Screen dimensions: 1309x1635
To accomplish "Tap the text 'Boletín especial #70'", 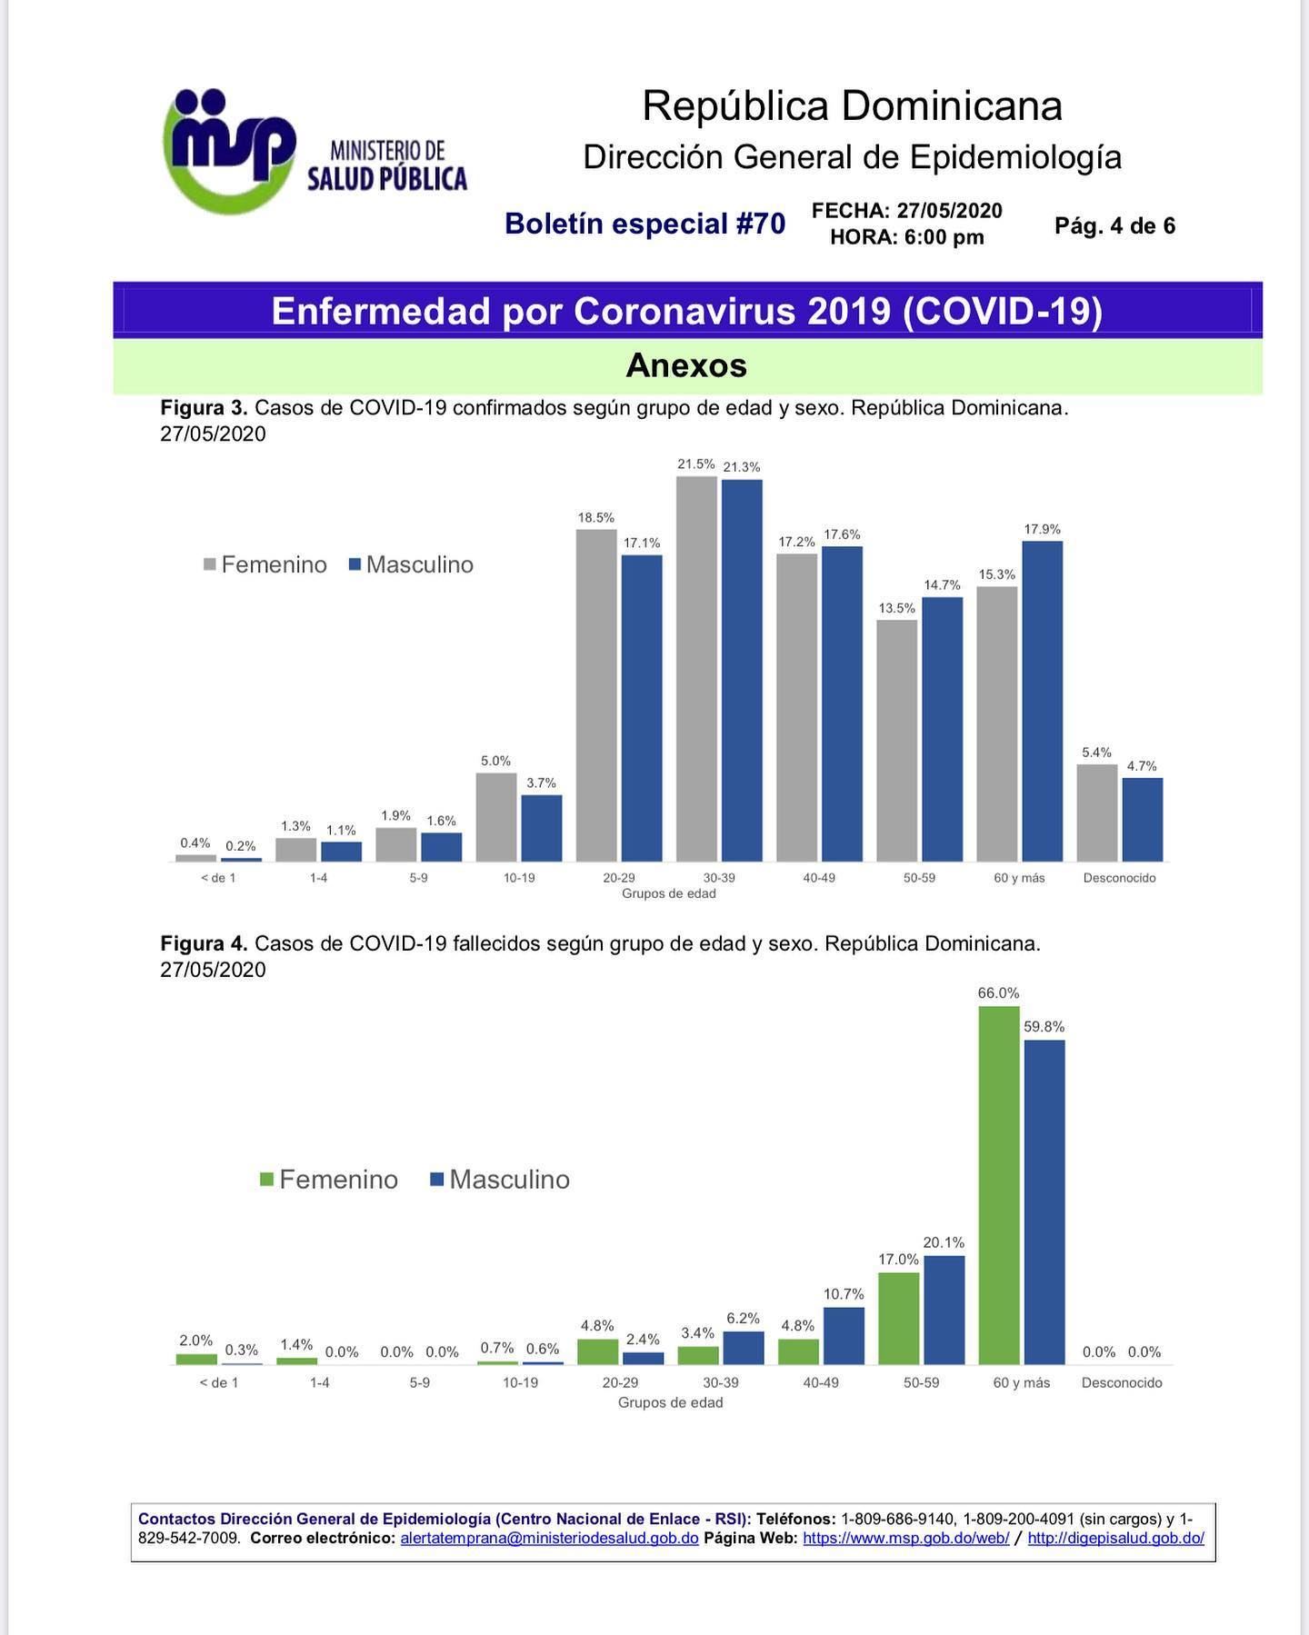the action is pos(645,224).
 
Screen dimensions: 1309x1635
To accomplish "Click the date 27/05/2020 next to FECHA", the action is pos(949,211).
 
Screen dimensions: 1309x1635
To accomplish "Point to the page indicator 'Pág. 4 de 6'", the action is pos(1114,226).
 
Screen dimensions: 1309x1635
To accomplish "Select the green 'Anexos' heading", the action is pos(686,365).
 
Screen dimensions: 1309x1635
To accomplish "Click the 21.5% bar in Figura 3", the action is pos(696,668).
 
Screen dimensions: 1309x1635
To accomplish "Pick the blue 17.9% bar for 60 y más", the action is pos(1042,701).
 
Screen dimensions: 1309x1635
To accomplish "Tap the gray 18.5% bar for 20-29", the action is pos(596,695).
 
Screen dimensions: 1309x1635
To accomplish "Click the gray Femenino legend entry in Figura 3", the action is pos(265,564).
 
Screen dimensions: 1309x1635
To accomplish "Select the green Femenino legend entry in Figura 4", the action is pos(329,1180).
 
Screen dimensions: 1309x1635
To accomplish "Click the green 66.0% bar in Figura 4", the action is pos(999,1185).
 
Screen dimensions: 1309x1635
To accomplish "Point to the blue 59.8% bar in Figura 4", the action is pos(1044,1201).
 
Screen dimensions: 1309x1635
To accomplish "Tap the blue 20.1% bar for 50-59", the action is pos(944,1310).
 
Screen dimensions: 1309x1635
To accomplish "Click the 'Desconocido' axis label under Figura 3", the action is pos(1119,878).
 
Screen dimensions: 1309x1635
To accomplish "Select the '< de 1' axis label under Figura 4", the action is pos(219,1382).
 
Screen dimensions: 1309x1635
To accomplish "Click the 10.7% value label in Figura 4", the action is pos(844,1293).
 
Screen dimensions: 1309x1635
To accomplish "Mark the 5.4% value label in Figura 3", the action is pos(1096,753).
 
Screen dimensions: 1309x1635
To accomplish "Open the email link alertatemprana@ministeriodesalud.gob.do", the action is pos(549,1539).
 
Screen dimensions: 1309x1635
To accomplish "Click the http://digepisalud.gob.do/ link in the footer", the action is pos(1116,1539).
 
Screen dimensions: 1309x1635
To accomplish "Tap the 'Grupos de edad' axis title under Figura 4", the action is pos(671,1402).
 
